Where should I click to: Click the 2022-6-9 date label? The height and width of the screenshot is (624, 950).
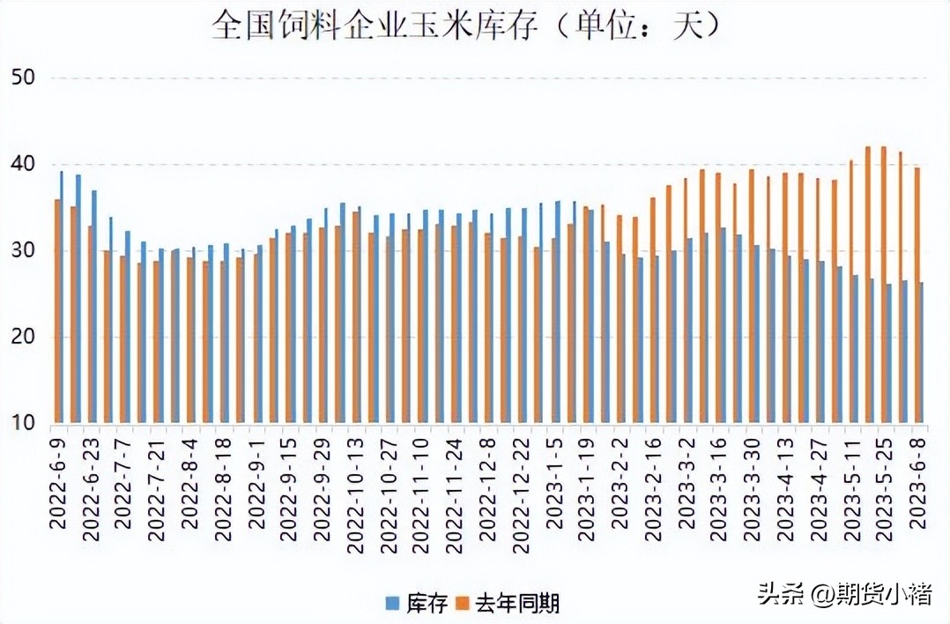[58, 485]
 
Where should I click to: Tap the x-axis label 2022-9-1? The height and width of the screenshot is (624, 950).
[256, 485]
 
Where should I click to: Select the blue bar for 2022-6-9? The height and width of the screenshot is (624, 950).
[62, 297]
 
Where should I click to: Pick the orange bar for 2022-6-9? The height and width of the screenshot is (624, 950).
[57, 311]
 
